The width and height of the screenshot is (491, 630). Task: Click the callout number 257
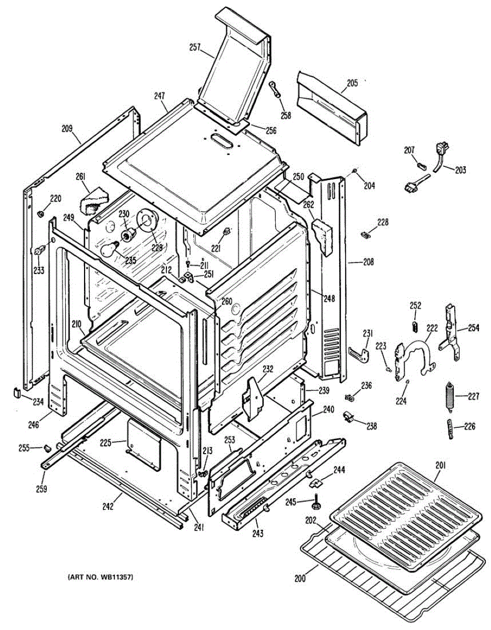pyautogui.click(x=195, y=48)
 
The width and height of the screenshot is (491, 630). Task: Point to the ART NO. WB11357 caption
pyautogui.click(x=100, y=577)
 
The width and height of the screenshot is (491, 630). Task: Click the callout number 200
pyautogui.click(x=299, y=579)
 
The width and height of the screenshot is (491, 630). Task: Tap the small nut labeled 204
pyautogui.click(x=356, y=172)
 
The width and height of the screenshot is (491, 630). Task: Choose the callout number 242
pyautogui.click(x=108, y=507)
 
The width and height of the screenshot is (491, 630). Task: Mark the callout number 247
pyautogui.click(x=160, y=96)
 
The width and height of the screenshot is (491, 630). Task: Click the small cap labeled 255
pyautogui.click(x=47, y=448)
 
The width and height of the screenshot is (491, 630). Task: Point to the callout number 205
pyautogui.click(x=352, y=83)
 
